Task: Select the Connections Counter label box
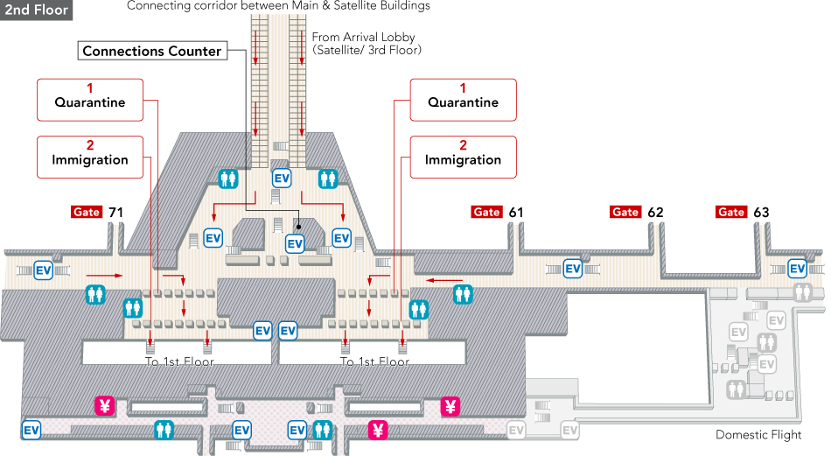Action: pos(151,51)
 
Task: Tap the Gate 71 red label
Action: pos(87,212)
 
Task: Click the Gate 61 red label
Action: pos(486,212)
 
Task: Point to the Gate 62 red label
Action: pos(625,212)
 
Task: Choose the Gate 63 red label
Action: pos(731,212)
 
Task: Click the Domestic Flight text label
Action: pos(758,435)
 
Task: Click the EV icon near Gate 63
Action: pos(797,268)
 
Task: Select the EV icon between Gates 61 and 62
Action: pos(572,268)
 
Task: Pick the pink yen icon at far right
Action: pos(450,405)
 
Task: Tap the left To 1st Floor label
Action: pos(179,361)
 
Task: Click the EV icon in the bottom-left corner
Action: pos(31,430)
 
